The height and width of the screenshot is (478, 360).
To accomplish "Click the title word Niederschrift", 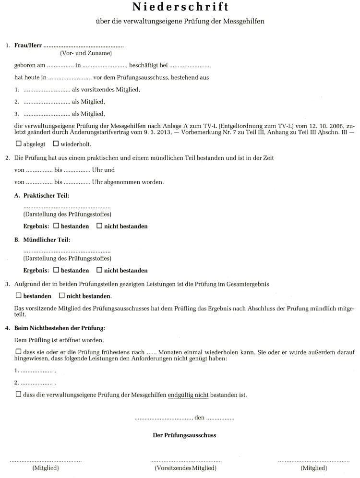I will click(x=180, y=8).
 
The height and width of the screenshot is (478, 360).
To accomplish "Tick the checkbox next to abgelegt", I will click(x=19, y=143).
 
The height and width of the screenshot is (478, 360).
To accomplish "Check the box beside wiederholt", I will click(x=56, y=143).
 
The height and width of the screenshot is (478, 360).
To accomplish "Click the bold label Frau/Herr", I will click(x=27, y=46).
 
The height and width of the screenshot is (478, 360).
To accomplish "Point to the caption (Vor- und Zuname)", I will click(x=86, y=54).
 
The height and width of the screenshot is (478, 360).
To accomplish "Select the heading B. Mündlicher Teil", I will click(x=42, y=239).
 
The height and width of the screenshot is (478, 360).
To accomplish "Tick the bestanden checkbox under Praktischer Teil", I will click(x=56, y=226).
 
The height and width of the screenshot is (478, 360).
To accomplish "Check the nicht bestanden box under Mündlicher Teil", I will click(x=99, y=270).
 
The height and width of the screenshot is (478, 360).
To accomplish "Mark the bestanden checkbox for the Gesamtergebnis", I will click(x=19, y=296).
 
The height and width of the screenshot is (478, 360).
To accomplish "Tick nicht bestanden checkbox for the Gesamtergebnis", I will click(x=62, y=296).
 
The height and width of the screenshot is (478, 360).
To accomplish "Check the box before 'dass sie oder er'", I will click(x=19, y=351).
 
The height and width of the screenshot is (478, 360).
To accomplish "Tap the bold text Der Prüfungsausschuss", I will click(x=184, y=435).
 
